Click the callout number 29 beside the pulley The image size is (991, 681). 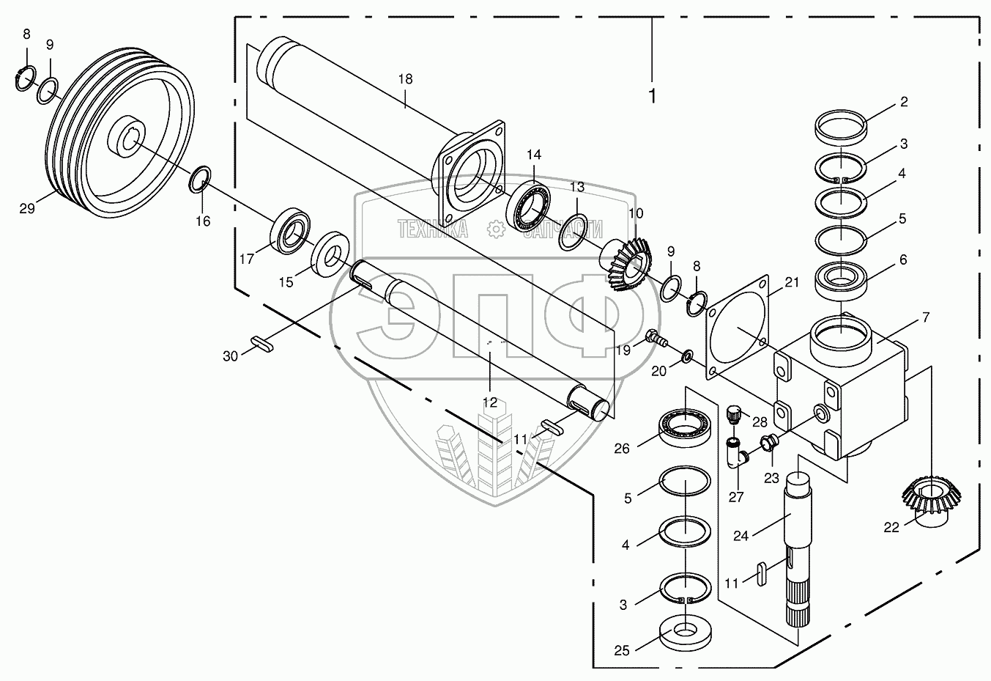(27, 209)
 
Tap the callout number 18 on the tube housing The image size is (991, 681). (405, 79)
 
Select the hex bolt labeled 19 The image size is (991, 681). (653, 339)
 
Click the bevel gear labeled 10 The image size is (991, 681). (629, 262)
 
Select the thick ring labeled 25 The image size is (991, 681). (686, 630)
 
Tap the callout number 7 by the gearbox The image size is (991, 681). (926, 317)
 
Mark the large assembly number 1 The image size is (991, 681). (651, 95)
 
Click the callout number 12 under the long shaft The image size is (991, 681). (489, 402)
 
